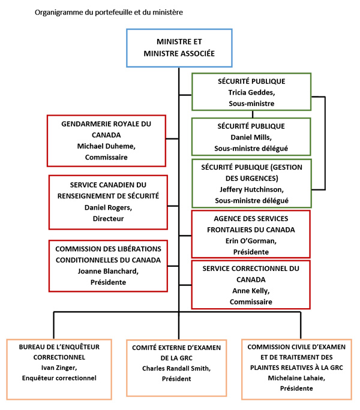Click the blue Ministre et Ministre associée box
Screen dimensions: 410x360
[178, 47]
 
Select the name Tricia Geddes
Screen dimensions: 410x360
[251, 92]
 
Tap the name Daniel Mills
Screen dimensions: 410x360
[251, 137]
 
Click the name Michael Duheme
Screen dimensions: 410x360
[105, 146]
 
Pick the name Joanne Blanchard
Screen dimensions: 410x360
[108, 270]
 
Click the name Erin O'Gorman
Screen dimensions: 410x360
[251, 241]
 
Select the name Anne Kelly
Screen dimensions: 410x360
[251, 291]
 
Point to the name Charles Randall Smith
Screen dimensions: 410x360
[178, 368]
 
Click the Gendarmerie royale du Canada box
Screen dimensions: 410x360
[106, 140]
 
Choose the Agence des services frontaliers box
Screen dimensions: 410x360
[251, 233]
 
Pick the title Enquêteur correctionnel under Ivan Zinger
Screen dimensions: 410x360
[58, 378]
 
